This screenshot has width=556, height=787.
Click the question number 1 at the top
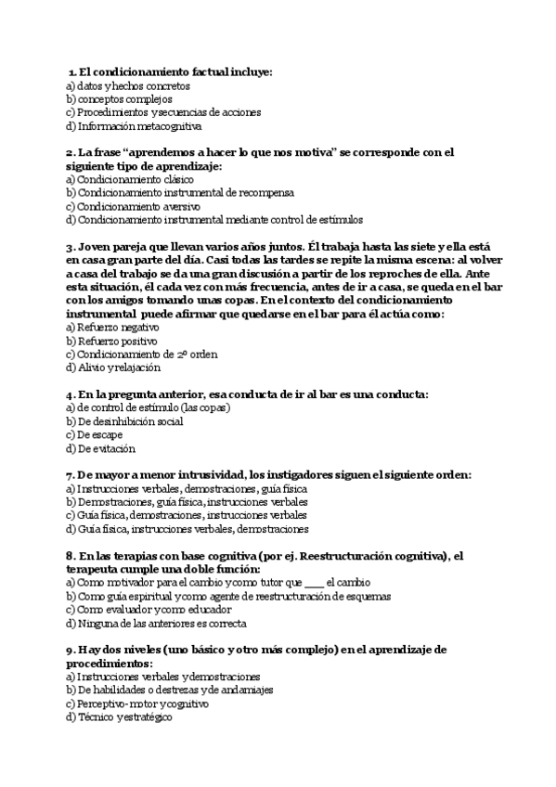(73, 71)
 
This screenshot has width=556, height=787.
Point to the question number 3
(71, 247)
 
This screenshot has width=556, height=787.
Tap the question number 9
(71, 650)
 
